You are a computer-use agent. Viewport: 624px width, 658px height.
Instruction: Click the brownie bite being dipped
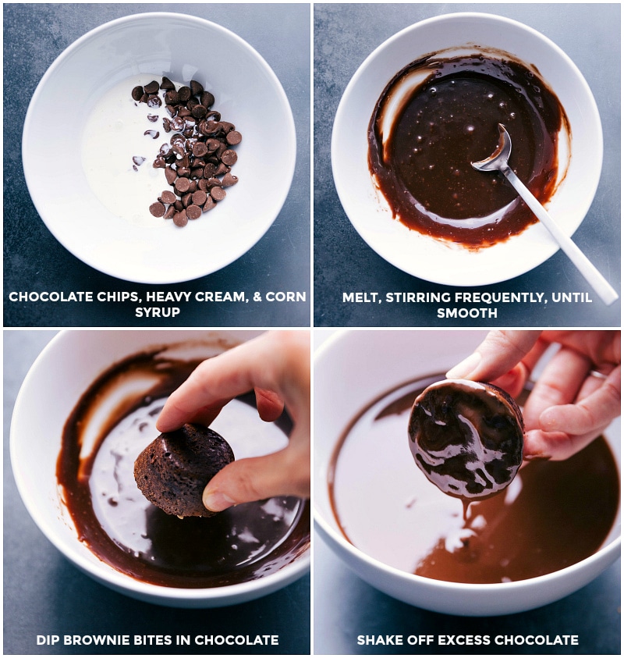pos(183,468)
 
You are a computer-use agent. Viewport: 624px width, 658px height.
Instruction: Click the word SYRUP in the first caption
pos(157,313)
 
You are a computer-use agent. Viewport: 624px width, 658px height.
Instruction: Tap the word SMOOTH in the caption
pos(466,313)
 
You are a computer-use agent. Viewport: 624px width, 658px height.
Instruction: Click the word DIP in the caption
pos(48,640)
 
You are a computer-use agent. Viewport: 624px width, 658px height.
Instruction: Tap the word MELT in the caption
pos(360,297)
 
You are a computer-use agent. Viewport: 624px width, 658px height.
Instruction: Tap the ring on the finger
pos(598,375)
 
